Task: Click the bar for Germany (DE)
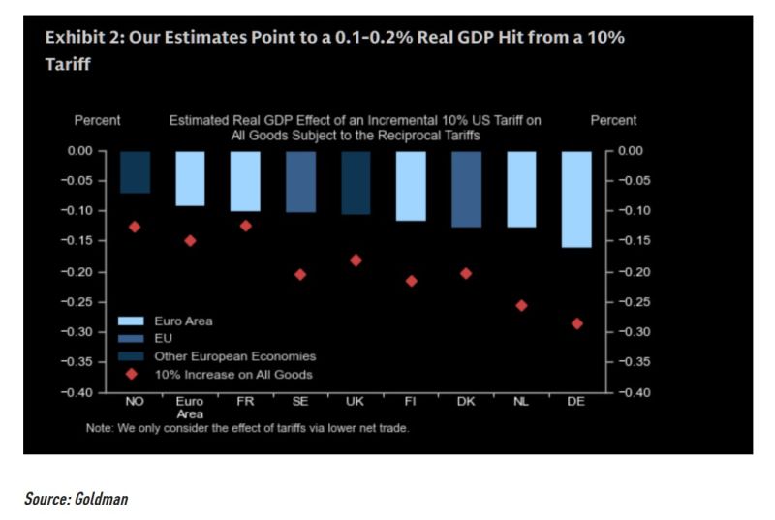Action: point(576,199)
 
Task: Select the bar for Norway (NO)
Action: point(135,171)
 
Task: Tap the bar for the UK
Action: point(356,182)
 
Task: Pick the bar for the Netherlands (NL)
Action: point(521,189)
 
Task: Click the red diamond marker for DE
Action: point(576,323)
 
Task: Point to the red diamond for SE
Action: point(300,274)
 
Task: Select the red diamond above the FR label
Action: point(245,226)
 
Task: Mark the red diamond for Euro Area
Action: point(190,240)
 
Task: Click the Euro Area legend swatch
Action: point(131,321)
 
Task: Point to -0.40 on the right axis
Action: point(634,392)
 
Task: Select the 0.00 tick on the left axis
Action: point(86,151)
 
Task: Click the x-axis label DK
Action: point(466,400)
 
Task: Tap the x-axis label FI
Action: point(411,400)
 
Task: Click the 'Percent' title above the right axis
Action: point(613,121)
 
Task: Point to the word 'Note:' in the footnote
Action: point(101,428)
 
